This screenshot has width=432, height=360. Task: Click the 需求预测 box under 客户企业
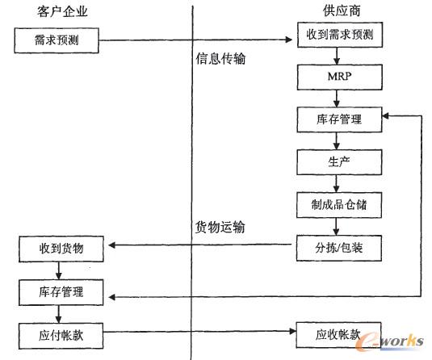(57, 39)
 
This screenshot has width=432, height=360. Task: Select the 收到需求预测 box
(339, 37)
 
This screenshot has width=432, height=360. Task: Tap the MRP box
(339, 78)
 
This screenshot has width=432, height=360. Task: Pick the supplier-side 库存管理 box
(339, 120)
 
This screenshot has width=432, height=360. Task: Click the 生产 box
(339, 161)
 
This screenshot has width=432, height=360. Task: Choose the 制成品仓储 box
(339, 204)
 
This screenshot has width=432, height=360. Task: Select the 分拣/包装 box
(339, 247)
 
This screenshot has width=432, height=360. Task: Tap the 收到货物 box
(61, 248)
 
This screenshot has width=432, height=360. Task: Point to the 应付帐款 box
(61, 333)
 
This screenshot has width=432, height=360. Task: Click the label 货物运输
(220, 227)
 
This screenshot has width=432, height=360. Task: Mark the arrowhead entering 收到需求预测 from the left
(291, 39)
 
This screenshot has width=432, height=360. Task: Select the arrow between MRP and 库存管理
(339, 99)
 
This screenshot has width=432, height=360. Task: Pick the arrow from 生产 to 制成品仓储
(339, 183)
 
